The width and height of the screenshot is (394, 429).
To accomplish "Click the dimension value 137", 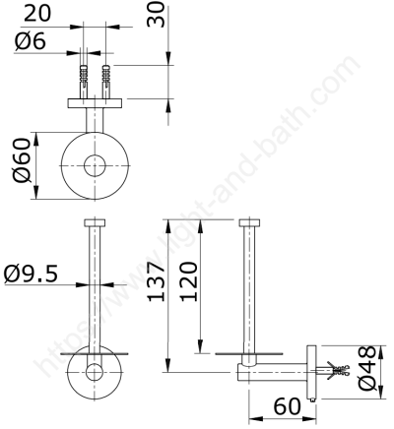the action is (156, 281).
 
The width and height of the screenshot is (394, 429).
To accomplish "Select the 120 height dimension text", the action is (189, 281).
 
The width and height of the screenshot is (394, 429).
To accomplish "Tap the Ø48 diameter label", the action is (367, 368).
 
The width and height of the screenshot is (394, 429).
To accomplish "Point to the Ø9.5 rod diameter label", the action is (31, 274).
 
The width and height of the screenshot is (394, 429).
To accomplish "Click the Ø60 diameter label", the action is (22, 160).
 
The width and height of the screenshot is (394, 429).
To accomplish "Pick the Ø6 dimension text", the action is (31, 41).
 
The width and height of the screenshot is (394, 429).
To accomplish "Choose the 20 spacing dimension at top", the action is (37, 14).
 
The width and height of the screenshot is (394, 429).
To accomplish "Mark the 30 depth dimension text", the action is (156, 15).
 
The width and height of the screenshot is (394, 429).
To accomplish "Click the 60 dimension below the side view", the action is (287, 406).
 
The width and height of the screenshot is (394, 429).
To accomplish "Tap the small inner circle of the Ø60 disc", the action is (95, 165).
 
